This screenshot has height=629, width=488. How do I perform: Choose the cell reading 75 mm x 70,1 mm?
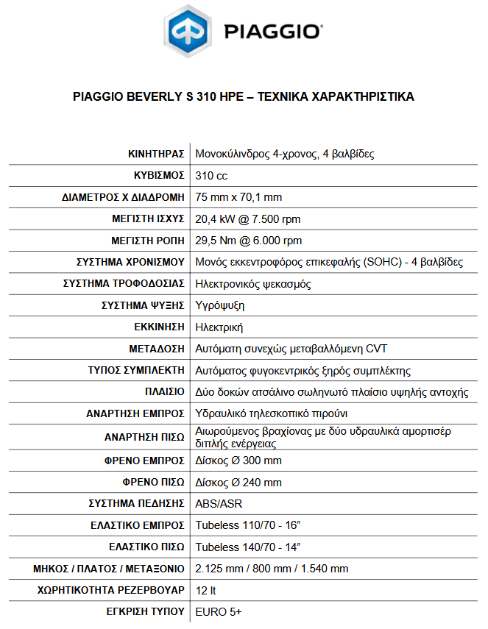[x=238, y=197]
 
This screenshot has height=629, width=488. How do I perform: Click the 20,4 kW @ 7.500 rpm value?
[x=247, y=219]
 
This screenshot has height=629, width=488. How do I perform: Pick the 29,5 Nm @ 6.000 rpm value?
[x=248, y=241]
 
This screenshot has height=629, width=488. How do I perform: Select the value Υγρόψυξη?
[x=219, y=305]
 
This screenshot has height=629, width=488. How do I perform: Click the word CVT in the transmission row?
[x=376, y=349]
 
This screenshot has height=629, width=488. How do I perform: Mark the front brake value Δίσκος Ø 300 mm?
[x=238, y=461]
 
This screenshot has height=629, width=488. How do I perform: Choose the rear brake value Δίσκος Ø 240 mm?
[x=238, y=483]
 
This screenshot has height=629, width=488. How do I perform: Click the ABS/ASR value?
[x=219, y=504]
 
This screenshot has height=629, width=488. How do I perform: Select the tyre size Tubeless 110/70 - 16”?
[x=248, y=525]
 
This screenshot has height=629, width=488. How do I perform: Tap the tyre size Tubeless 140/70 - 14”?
[x=248, y=547]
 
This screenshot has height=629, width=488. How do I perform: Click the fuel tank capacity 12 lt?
[x=205, y=590]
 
